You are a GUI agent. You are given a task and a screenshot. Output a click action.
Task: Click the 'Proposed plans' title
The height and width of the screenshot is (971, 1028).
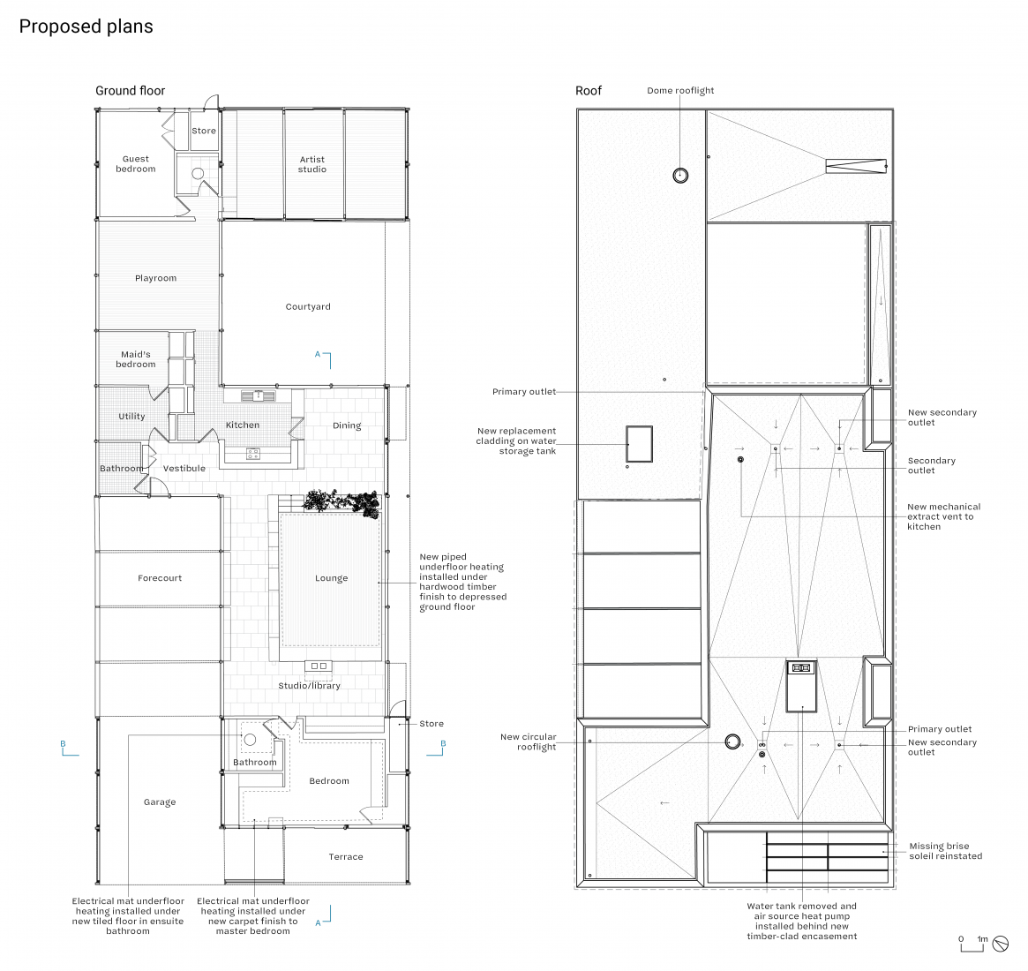pos(86,26)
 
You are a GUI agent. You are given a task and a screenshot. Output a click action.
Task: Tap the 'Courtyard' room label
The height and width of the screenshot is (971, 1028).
pos(308,307)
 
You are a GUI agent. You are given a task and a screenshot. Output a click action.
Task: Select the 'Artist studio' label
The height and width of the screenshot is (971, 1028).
pos(312,164)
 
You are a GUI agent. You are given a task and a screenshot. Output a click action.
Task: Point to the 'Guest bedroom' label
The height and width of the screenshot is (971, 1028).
pos(136,163)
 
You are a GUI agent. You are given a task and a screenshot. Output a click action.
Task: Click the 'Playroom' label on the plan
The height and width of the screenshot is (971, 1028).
pos(155,278)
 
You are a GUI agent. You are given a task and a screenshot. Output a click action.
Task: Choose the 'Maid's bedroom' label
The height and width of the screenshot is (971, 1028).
pos(136,359)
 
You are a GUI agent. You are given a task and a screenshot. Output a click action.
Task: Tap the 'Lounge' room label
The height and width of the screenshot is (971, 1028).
pos(331,578)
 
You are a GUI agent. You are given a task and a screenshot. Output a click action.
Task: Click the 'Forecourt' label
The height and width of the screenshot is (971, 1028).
pos(160,578)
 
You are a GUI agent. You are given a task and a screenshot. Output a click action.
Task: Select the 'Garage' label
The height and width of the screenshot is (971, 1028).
pos(160,802)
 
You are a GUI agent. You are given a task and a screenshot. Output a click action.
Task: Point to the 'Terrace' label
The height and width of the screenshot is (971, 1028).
pos(346,857)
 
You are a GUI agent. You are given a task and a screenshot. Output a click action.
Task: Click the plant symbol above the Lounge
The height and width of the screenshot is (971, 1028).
pos(341,503)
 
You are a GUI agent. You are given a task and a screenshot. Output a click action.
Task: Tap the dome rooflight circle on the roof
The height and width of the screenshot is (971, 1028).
pos(680,176)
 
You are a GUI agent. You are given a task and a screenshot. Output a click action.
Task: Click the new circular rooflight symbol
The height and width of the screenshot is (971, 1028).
pos(732,741)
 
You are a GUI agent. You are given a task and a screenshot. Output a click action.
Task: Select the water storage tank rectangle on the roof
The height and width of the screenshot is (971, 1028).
pos(639,445)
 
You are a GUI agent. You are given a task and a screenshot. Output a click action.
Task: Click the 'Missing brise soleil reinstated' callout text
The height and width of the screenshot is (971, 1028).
pos(945,851)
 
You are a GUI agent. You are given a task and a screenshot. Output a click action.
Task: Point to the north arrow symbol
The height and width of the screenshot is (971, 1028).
pos(1001,944)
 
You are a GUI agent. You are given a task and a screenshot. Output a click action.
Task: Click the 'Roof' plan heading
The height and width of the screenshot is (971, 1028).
pos(588,90)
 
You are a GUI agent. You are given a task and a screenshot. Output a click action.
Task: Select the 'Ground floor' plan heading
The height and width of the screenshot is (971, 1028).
pos(130,90)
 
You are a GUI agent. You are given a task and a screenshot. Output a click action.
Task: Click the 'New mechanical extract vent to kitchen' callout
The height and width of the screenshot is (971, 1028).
pos(943,516)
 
